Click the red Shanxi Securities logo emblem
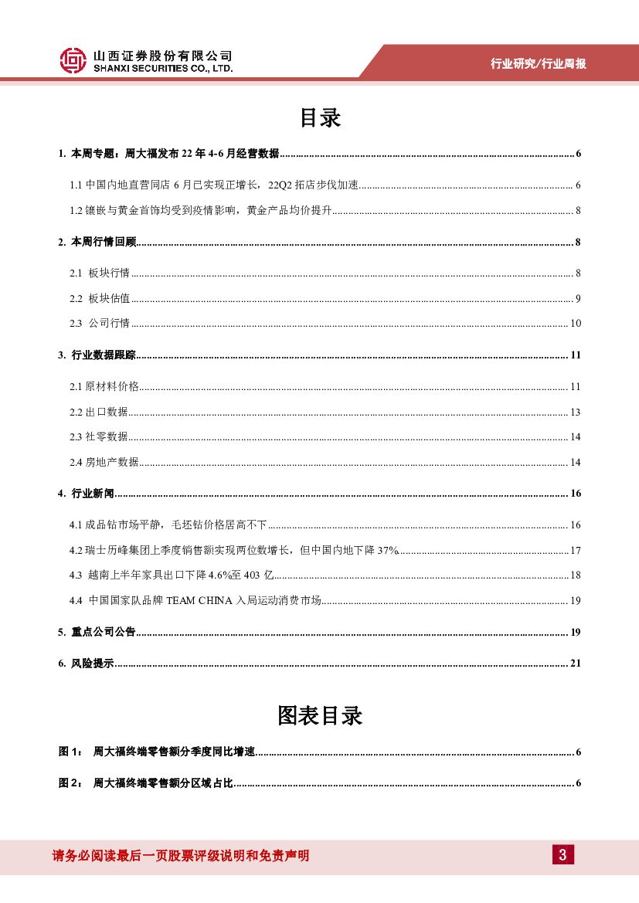(73, 61)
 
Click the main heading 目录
(320, 118)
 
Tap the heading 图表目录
(320, 716)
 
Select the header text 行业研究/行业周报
(539, 64)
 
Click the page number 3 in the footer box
(563, 854)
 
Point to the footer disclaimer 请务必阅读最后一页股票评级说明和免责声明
(180, 855)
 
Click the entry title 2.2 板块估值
(99, 299)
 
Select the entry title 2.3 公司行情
(99, 324)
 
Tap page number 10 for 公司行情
(575, 324)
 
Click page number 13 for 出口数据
(575, 412)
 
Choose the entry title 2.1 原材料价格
(104, 387)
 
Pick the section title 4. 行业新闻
(86, 494)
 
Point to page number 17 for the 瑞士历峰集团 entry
(575, 551)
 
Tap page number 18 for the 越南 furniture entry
(575, 575)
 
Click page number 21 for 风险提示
(575, 664)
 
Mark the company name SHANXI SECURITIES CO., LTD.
(163, 69)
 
